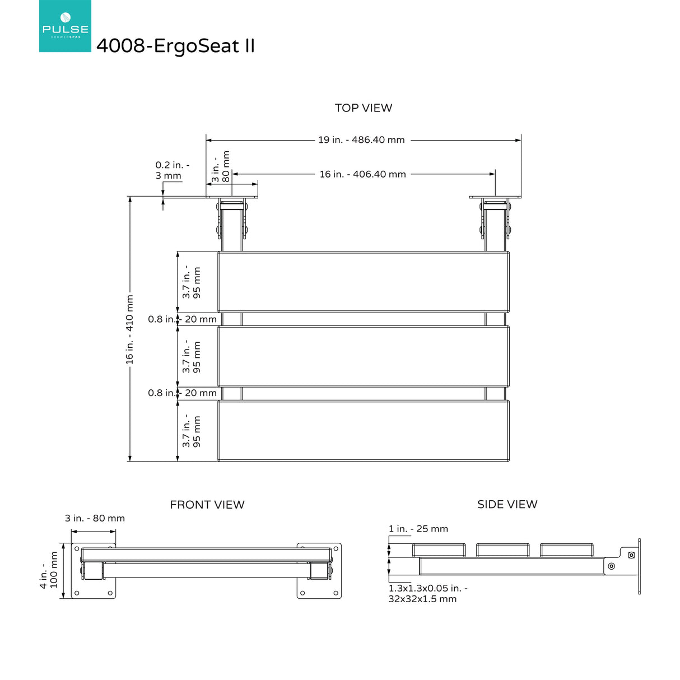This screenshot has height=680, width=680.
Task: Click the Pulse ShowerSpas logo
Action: click(65, 26)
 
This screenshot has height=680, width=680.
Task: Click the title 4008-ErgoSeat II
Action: click(175, 46)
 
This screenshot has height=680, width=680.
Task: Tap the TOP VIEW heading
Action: click(364, 108)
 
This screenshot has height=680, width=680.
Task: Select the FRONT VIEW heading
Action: click(207, 505)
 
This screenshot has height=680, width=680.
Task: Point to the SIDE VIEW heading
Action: click(507, 504)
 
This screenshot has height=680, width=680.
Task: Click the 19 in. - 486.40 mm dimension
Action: click(361, 140)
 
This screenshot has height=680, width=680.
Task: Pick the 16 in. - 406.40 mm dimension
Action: click(362, 174)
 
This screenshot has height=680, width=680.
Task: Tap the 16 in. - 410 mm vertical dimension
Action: click(129, 329)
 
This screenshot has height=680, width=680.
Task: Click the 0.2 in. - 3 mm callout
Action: click(172, 170)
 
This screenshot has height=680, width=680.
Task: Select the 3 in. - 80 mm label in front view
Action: click(95, 518)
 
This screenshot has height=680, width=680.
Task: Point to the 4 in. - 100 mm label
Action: click(49, 570)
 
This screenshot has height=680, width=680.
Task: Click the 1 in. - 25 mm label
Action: click(418, 529)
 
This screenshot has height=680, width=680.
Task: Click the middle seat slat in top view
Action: click(364, 356)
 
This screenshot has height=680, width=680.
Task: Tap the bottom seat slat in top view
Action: click(364, 431)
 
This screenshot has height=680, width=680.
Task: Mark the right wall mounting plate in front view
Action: click(319, 570)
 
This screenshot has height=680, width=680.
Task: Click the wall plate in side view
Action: click(639, 566)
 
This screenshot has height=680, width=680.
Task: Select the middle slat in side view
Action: click(502, 549)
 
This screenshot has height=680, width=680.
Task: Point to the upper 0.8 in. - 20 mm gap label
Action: click(182, 319)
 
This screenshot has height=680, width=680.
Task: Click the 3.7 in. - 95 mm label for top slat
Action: click(191, 282)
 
